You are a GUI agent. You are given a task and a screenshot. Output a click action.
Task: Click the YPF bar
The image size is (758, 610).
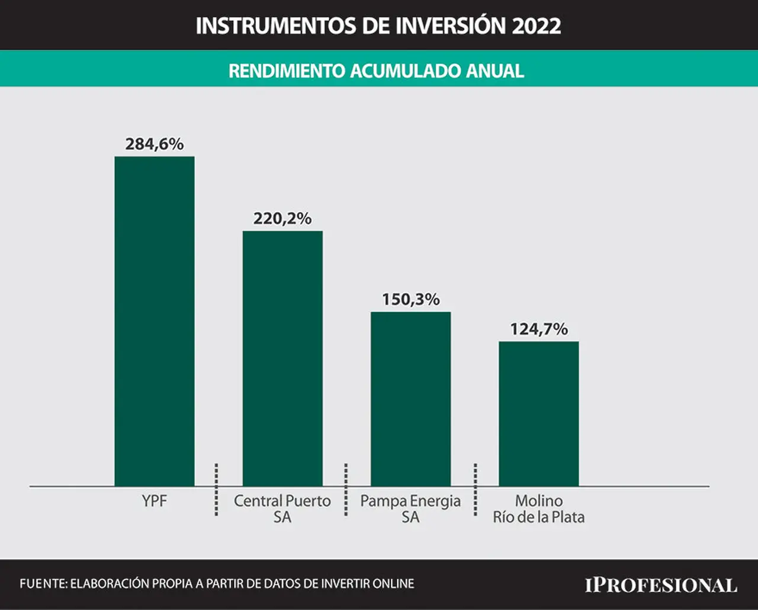tap(155, 322)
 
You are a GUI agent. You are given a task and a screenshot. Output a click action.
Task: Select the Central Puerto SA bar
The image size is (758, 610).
tap(282, 359)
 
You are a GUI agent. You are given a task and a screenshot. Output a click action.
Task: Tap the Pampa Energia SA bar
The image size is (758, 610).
tap(411, 399)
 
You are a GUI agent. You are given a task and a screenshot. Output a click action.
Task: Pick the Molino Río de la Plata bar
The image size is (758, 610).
tap(538, 414)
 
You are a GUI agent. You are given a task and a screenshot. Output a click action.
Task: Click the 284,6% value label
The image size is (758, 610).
tap(155, 144)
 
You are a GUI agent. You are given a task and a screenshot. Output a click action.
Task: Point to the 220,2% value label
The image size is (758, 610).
tap(282, 219)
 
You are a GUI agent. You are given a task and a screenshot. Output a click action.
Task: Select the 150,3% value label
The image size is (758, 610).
tap(411, 300)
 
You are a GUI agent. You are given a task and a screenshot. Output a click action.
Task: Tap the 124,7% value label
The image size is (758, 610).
tap(539, 329)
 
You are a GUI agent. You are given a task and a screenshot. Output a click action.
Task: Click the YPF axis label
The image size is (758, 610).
tap(155, 501)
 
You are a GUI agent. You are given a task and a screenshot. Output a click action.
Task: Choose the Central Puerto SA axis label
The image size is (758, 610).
tap(282, 509)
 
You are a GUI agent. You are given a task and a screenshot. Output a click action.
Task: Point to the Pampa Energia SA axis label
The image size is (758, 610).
tap(410, 509)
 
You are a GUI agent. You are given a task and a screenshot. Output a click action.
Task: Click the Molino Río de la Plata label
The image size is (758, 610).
tap(538, 509)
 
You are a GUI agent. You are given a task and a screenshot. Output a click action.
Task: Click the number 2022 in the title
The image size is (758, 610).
tap(537, 25)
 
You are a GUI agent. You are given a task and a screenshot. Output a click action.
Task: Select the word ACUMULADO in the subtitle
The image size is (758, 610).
tap(406, 71)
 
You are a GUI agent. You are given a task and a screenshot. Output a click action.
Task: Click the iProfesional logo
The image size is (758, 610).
tap(661, 585)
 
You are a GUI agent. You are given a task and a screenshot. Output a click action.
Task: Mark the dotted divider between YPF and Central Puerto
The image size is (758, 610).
tap(216, 490)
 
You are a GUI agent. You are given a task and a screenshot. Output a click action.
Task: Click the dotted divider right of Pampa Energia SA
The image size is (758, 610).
tap(475, 490)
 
